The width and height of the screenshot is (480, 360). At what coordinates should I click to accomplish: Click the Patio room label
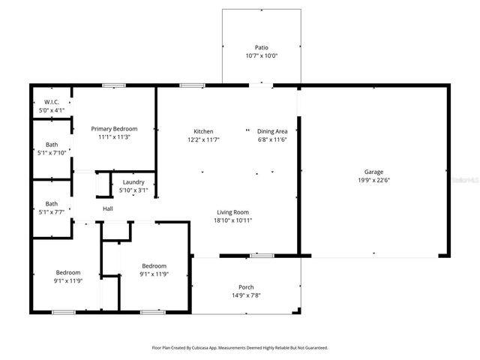[261, 47]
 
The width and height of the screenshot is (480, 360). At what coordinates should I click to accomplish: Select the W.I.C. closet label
[52, 101]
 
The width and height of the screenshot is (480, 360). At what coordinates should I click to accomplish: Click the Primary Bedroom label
[114, 128]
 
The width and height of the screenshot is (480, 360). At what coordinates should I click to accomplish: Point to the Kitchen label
[203, 131]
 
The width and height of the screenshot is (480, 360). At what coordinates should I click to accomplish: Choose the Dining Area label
[272, 131]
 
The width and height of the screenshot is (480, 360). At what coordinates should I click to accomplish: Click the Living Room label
[233, 212]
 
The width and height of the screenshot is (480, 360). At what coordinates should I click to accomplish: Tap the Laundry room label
[133, 182]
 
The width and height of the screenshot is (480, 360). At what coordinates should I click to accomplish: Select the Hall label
[108, 208]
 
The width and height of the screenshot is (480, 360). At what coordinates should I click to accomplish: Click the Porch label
[246, 287]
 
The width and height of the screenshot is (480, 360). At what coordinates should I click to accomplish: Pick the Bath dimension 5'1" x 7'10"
[51, 152]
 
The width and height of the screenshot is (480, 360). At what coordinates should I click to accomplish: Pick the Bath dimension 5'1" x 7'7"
[51, 211]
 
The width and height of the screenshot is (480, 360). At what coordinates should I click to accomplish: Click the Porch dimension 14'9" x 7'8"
[246, 295]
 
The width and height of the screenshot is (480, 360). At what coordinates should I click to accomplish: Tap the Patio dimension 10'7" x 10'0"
[261, 55]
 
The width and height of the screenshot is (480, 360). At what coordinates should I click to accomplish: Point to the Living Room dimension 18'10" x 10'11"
[233, 220]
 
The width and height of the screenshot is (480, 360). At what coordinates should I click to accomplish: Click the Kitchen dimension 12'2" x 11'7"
[203, 139]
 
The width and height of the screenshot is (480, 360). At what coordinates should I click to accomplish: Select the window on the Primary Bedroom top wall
[114, 85]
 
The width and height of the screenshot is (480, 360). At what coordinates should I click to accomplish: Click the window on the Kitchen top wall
[192, 85]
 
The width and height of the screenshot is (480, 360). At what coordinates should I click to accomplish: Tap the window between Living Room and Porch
[262, 256]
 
